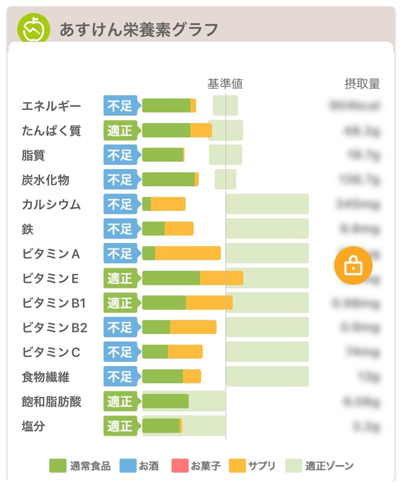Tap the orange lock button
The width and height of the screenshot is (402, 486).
click(353, 265)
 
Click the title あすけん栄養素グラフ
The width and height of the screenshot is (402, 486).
click(138, 30)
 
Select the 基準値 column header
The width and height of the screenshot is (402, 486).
click(225, 84)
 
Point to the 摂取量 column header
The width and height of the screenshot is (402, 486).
click(362, 84)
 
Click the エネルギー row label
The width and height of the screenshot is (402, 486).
click(52, 106)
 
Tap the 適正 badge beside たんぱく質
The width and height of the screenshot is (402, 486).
click(120, 131)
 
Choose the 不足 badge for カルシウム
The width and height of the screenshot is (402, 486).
click(120, 204)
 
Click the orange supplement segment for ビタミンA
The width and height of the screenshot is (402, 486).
click(187, 253)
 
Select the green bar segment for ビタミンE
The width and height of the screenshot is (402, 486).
click(171, 278)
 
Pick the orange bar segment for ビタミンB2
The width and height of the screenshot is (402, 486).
click(193, 327)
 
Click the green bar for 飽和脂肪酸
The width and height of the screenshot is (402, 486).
click(165, 401)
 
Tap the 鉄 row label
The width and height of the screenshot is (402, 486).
click(28, 229)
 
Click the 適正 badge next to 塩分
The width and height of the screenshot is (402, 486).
click(120, 426)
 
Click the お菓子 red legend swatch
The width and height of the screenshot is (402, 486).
click(179, 466)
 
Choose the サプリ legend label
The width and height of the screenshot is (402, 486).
click(261, 466)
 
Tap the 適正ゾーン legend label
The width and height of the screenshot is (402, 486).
click(329, 466)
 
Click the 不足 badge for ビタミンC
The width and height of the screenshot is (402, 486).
click(120, 352)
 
